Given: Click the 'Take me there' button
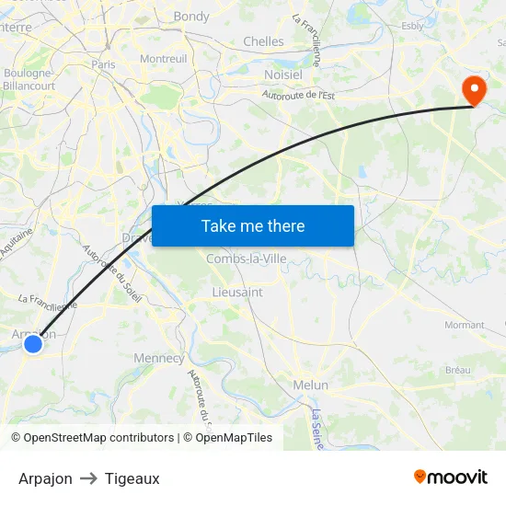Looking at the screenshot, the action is [252, 225].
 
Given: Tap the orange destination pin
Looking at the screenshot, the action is [475, 89].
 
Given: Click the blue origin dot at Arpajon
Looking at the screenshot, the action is [33, 343].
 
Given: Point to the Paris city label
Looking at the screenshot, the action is [103, 64].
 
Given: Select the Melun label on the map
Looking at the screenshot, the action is [310, 385].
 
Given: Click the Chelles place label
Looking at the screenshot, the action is [263, 41].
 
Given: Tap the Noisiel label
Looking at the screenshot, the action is [283, 73].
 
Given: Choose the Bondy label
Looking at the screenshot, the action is [191, 17].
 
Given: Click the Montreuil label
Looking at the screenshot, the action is [163, 58].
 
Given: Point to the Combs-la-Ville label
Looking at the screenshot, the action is [247, 259].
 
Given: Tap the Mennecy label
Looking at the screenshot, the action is [159, 358].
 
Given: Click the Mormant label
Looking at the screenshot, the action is [464, 325].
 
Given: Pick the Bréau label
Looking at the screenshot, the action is [457, 370].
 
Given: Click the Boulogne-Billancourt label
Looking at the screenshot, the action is [29, 80].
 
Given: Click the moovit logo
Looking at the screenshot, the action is [450, 477].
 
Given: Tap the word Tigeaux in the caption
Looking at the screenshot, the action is [132, 478].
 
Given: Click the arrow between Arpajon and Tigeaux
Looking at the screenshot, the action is [88, 478].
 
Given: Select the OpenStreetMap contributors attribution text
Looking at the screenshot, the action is [93, 438].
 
